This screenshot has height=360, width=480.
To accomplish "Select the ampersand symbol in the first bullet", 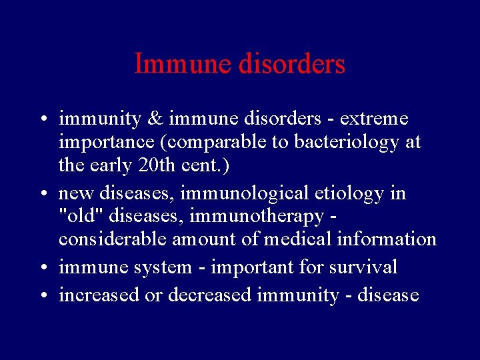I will pyautogui.click(x=155, y=119).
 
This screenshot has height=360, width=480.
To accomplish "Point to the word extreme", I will pyautogui.click(x=375, y=119).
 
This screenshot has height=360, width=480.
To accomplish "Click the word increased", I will pyautogui.click(x=99, y=295).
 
